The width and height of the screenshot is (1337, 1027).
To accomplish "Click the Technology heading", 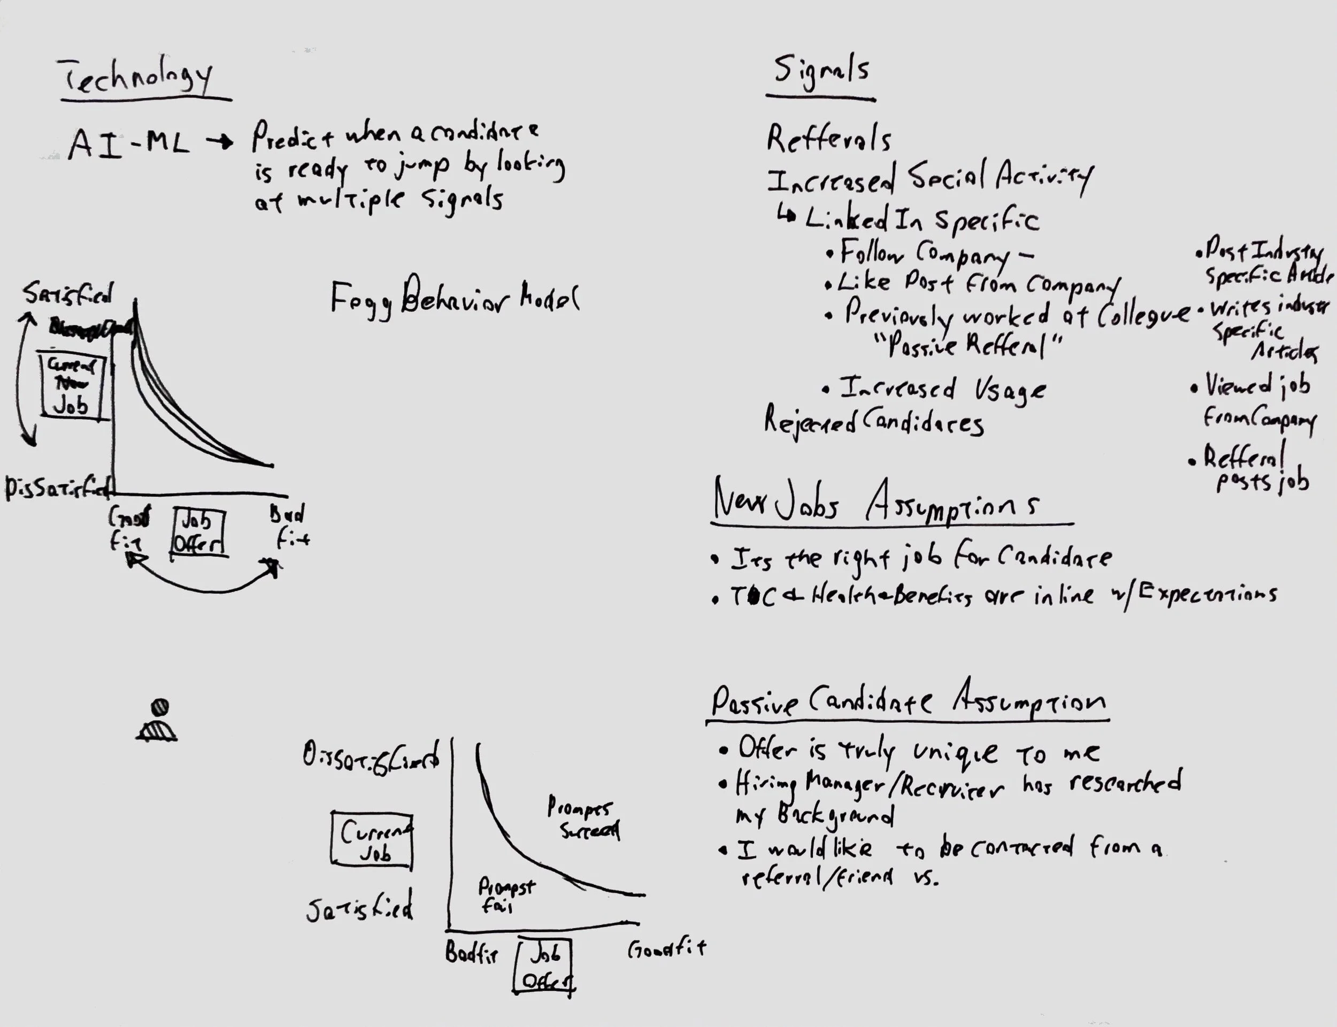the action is coord(137,78).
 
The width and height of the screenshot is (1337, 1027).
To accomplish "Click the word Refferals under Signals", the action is coord(828,140).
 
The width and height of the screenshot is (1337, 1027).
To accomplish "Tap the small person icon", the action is coord(157,721).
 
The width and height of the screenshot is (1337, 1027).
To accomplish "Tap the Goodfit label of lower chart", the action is coord(666,949).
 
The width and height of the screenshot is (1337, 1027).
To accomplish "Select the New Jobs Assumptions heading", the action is coord(877,503).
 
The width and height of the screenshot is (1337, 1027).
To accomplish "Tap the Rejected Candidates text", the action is coord(874,422).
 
